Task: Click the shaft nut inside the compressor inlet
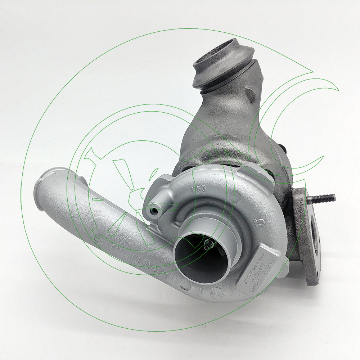(x=208, y=246)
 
